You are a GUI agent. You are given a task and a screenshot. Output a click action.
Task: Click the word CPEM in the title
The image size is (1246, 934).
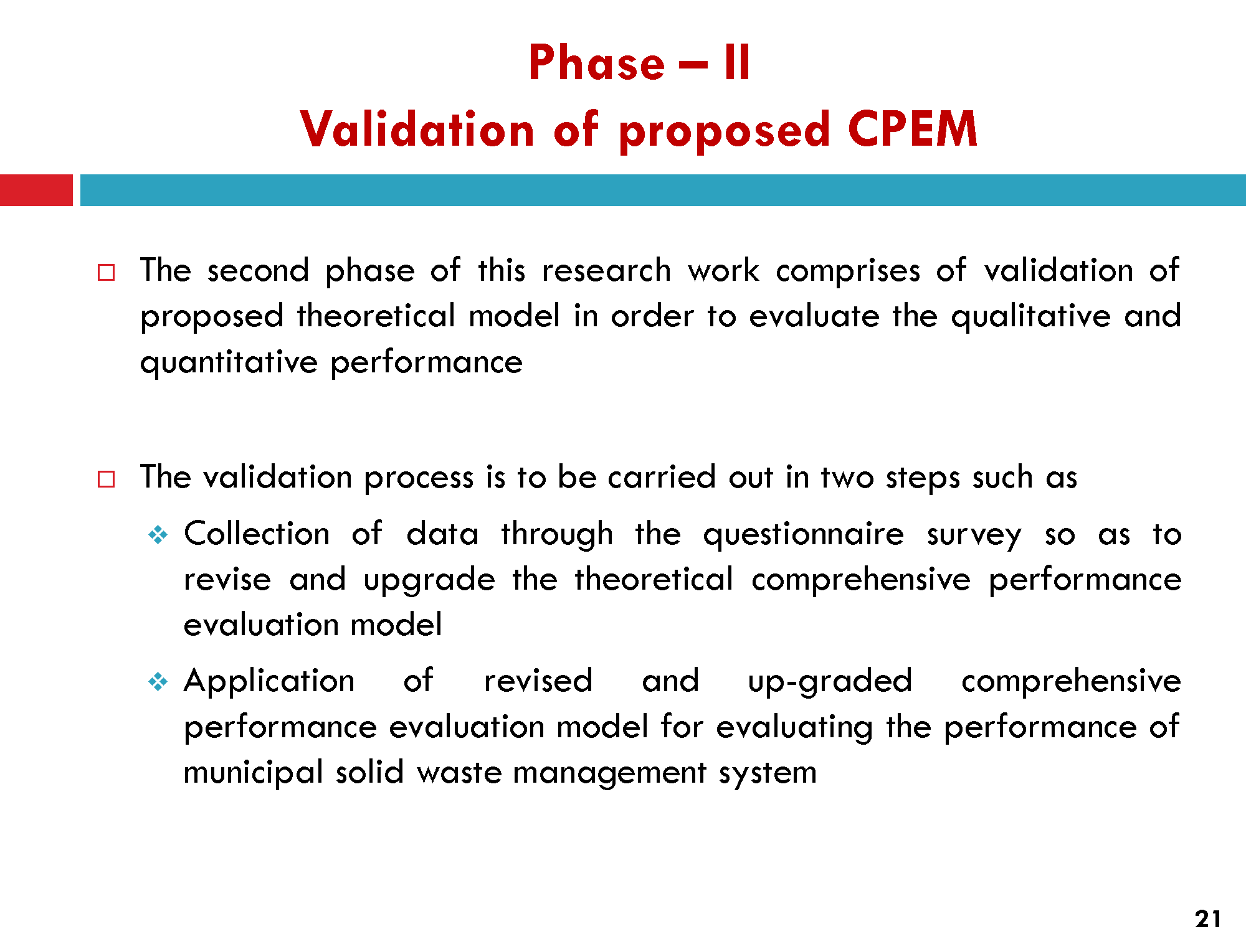913,129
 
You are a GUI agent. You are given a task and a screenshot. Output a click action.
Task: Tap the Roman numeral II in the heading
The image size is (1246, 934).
738,62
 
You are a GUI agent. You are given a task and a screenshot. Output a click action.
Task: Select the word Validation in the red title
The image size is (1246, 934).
417,129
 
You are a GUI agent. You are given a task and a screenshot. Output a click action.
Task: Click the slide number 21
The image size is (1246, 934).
1208,918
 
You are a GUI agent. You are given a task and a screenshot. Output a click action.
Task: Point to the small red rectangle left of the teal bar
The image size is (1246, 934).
36,190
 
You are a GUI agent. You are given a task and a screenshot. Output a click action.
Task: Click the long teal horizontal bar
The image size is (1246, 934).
663,190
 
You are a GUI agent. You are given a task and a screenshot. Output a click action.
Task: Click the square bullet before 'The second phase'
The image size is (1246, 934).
107,273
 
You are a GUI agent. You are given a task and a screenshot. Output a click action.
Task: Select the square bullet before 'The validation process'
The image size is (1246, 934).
107,479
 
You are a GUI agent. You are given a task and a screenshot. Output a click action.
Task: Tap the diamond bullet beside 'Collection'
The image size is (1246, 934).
158,535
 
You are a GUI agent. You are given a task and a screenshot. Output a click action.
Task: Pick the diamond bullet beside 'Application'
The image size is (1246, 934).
158,682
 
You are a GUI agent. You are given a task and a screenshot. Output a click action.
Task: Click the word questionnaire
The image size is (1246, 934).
803,535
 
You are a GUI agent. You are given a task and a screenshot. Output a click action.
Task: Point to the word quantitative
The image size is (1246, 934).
229,362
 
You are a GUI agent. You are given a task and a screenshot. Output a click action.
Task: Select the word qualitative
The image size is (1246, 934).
1030,316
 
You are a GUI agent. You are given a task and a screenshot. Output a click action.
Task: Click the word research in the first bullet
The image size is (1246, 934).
606,271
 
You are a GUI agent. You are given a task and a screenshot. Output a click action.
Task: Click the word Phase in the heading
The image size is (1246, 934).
597,62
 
